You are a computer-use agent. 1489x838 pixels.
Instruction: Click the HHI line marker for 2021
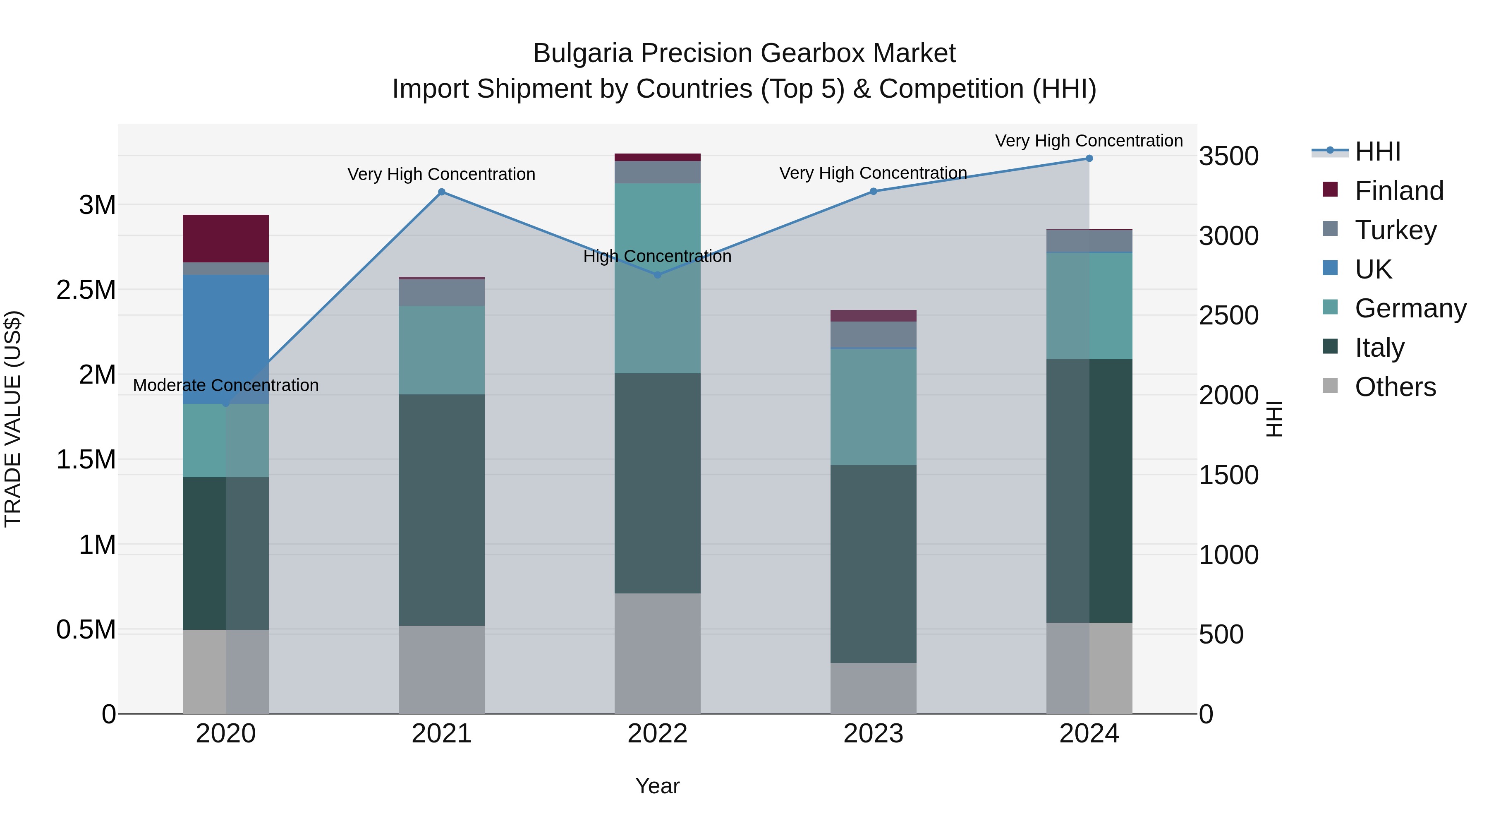pyautogui.click(x=442, y=192)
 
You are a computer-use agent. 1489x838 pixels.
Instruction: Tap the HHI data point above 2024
pyautogui.click(x=1089, y=158)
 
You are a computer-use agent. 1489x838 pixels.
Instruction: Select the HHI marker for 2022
pyautogui.click(x=657, y=275)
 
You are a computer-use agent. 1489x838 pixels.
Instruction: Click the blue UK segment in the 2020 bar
pyautogui.click(x=225, y=339)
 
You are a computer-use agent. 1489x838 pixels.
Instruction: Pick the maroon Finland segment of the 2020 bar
pyautogui.click(x=225, y=238)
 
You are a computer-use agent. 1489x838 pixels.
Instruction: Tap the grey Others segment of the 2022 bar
pyautogui.click(x=657, y=653)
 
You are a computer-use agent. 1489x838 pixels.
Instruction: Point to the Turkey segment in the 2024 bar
pyautogui.click(x=1089, y=241)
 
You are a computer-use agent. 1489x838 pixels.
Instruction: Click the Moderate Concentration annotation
pyautogui.click(x=225, y=385)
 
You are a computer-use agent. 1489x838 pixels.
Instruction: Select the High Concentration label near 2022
pyautogui.click(x=657, y=256)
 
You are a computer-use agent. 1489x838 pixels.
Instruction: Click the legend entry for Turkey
pyautogui.click(x=1395, y=230)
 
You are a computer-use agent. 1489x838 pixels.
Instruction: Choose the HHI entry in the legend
pyautogui.click(x=1377, y=151)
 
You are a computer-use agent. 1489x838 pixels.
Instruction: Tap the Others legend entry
pyautogui.click(x=1395, y=387)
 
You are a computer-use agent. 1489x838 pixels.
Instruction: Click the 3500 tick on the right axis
pyautogui.click(x=1228, y=156)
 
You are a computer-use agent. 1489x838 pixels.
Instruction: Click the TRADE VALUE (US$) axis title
pyautogui.click(x=13, y=419)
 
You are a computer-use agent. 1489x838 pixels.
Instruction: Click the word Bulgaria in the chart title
pyautogui.click(x=583, y=53)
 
